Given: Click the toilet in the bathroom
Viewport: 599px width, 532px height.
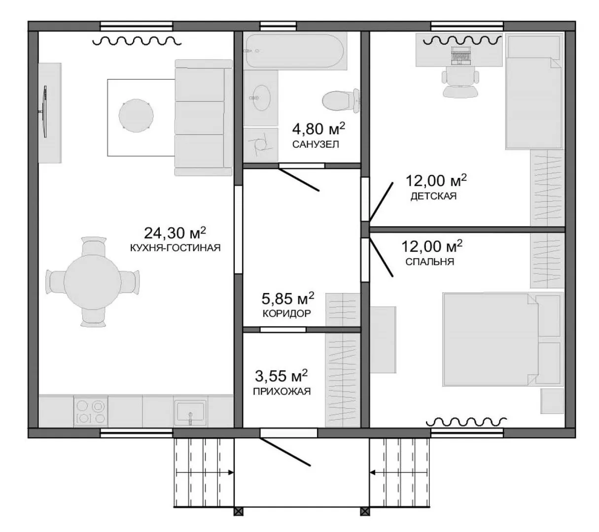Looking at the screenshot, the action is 341,100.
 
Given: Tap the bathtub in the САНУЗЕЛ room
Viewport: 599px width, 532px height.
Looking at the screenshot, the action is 295,51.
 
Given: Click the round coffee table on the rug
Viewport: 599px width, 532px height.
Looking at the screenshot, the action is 136,115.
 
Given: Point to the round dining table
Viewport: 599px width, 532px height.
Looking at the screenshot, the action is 92,282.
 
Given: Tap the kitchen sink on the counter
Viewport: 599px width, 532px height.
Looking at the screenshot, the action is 190,411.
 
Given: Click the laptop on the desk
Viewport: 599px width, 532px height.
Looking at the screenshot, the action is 460,56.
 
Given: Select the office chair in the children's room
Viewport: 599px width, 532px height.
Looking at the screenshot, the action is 460,82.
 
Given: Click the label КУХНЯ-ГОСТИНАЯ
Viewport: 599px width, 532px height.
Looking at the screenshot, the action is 176,248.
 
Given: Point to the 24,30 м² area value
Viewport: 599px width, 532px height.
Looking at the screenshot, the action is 175,233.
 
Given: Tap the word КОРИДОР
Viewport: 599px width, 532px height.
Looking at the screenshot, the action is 286,313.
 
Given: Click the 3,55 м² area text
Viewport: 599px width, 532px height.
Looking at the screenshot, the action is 281,376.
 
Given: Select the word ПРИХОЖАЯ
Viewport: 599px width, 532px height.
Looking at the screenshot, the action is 282,392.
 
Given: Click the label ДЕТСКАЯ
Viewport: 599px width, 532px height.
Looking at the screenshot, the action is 433,196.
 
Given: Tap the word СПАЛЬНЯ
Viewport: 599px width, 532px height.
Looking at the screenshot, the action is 429,262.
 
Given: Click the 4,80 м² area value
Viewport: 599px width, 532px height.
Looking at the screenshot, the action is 318,129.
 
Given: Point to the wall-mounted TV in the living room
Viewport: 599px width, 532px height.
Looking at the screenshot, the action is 44,111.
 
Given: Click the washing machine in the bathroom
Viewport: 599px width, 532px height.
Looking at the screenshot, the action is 260,145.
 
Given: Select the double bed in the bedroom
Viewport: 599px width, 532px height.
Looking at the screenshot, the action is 502,339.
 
